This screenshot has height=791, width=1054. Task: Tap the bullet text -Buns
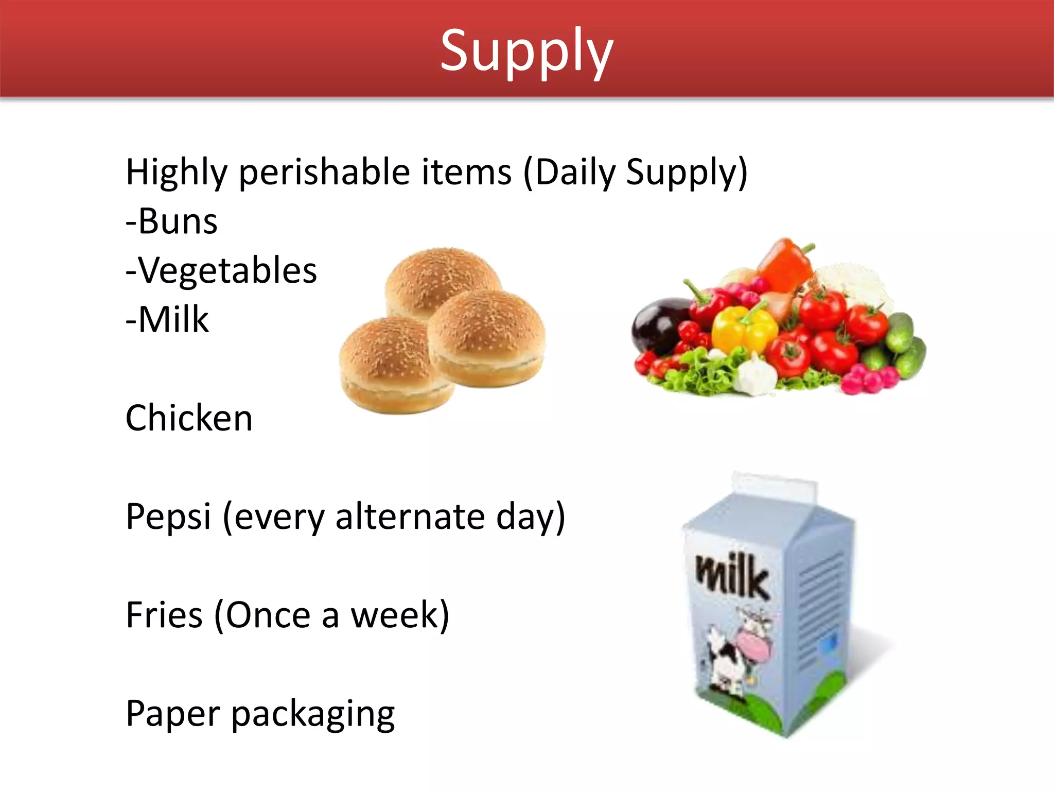[172, 221]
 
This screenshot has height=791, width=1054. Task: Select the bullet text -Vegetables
[221, 270]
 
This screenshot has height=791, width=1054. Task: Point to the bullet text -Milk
[168, 320]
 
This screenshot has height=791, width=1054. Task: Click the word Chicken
[189, 418]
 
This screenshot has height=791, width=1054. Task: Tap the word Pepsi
[168, 516]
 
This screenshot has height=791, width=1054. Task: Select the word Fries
[164, 615]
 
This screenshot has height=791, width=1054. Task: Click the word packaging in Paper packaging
[312, 715]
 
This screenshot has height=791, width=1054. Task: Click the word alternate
[410, 516]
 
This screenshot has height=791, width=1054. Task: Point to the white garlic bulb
[757, 376]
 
